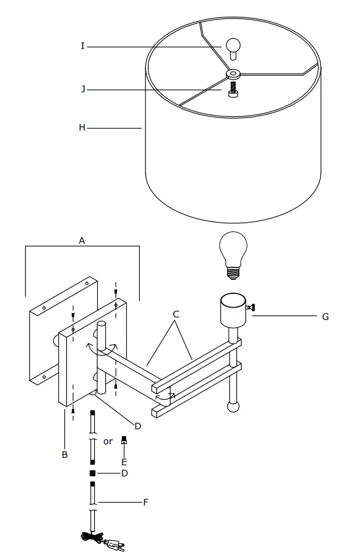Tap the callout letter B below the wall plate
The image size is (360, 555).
coord(64,455)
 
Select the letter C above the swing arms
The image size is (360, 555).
coord(176,315)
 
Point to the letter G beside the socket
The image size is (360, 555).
coord(325,317)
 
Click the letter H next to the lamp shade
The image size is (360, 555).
coord(82,128)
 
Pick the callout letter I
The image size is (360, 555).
coord(82,46)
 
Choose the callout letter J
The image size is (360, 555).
coord(82,89)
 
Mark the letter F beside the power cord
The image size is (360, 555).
coord(145,502)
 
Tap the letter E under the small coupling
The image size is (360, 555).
coord(124,462)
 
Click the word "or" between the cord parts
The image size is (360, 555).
coord(108,442)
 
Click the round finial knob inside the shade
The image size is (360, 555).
coord(233,46)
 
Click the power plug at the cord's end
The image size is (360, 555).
coord(115,545)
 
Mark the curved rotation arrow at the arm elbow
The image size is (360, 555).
coord(165,395)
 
